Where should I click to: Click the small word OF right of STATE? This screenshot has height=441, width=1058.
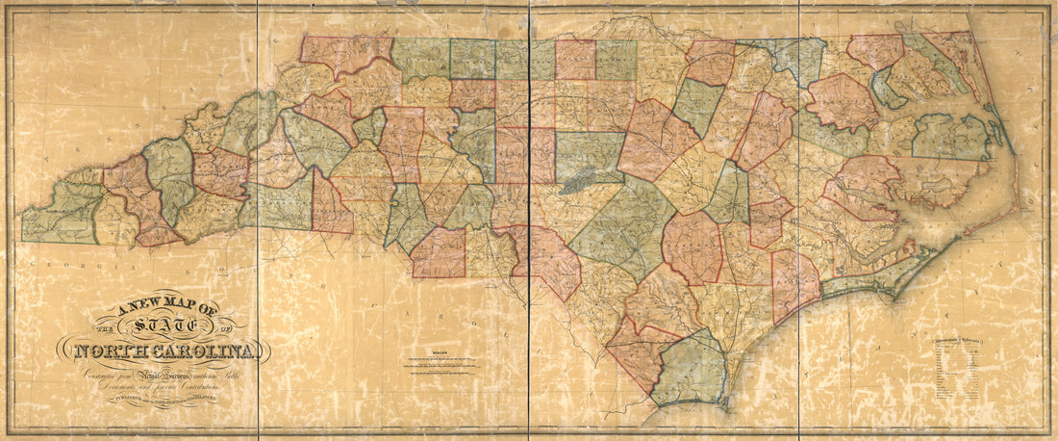pos(227,325)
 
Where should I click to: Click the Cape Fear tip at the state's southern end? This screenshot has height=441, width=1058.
pos(729,408)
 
